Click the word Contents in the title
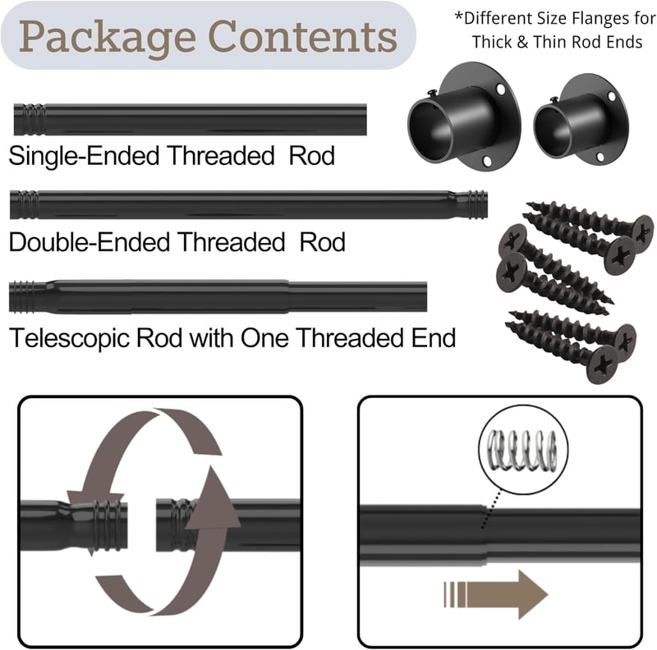[302, 36]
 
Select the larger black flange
[464, 116]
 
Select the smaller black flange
[581, 118]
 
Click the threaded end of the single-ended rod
[30, 119]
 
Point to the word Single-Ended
[84, 156]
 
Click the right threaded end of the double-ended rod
[476, 204]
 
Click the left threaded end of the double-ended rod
[24, 204]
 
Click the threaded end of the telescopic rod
[22, 297]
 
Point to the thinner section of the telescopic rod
[357, 296]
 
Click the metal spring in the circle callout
[523, 451]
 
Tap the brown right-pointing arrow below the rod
[496, 594]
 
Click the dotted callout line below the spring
[491, 509]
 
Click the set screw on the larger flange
[433, 92]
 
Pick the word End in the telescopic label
[434, 337]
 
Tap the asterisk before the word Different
[459, 16]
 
